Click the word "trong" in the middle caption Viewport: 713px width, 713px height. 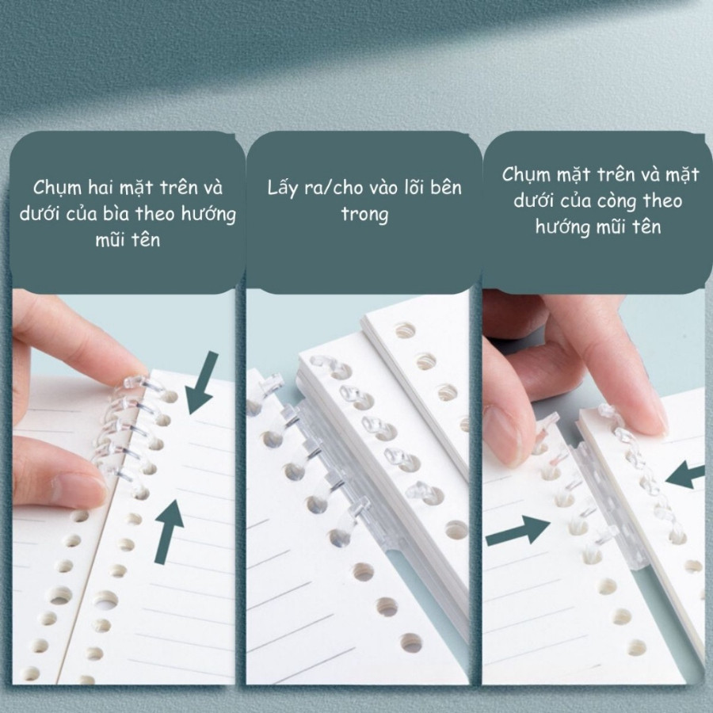pos(364,214)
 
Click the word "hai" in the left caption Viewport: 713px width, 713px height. pos(101,187)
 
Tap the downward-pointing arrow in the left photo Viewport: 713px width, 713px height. pos(201,383)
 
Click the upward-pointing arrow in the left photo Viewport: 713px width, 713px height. pos(169,531)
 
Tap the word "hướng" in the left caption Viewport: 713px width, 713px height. pos(209,215)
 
